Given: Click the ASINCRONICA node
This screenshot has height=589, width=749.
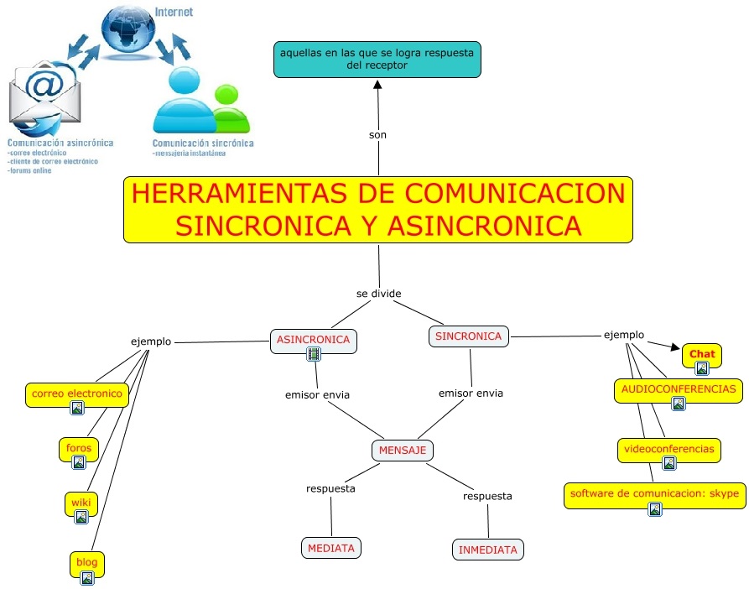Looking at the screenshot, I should pyautogui.click(x=313, y=340).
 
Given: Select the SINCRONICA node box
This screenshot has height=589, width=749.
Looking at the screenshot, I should pyautogui.click(x=469, y=336).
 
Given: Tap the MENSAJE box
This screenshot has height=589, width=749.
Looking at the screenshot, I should pyautogui.click(x=403, y=451).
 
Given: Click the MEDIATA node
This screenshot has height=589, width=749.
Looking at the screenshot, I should pyautogui.click(x=331, y=548).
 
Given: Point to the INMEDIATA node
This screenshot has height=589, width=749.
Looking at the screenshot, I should pyautogui.click(x=487, y=550).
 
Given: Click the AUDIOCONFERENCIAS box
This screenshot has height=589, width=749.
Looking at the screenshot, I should pyautogui.click(x=679, y=389).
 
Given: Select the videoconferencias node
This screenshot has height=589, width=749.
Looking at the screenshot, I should pyautogui.click(x=669, y=450).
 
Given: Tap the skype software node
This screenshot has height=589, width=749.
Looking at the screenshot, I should pyautogui.click(x=654, y=494).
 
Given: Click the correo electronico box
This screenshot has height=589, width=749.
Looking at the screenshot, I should pyautogui.click(x=77, y=394).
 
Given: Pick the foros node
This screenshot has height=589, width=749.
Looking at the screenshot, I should pyautogui.click(x=78, y=449).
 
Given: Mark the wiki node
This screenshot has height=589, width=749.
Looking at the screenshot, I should pyautogui.click(x=81, y=503).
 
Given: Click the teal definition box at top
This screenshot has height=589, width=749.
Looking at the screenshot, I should pyautogui.click(x=377, y=59).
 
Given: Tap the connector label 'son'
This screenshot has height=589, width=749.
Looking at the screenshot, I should pyautogui.click(x=377, y=134).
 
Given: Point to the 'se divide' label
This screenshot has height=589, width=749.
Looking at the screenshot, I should pyautogui.click(x=379, y=294).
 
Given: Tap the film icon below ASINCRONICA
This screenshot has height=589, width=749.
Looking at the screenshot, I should pyautogui.click(x=314, y=355).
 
